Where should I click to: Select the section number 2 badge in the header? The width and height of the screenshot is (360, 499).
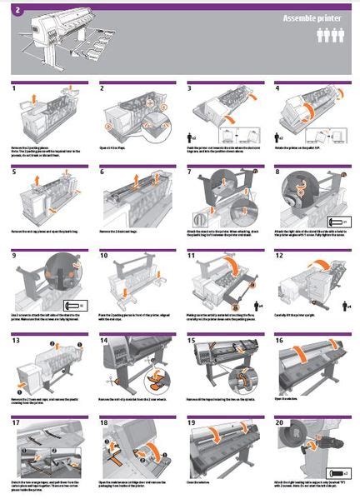[x=17, y=9]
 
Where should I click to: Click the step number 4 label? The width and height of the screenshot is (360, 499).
[x=277, y=87]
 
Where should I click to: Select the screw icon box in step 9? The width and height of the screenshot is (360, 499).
[x=76, y=305]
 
